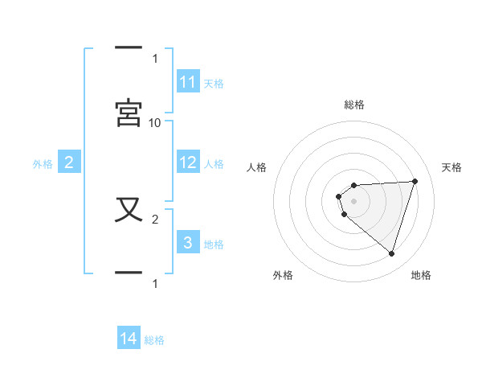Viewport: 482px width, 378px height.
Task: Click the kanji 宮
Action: coord(129,113)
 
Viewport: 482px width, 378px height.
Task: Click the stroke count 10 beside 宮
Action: coord(155,122)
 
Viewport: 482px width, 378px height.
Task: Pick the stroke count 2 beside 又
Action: coord(155,218)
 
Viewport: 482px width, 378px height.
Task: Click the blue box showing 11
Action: coord(188,82)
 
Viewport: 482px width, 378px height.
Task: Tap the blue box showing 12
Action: coord(188,162)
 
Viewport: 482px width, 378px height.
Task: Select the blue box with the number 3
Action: coord(188,242)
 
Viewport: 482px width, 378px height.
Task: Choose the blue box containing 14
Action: coord(129,339)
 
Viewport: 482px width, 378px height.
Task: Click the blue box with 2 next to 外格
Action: coord(69,163)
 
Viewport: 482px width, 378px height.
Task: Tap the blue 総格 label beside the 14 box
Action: coord(154,340)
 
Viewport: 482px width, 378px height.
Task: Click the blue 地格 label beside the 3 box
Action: coord(214,244)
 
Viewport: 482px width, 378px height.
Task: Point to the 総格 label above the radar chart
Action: coord(354,105)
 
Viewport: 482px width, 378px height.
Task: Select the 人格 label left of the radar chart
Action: coord(257,167)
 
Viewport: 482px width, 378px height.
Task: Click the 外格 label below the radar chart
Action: coord(283,275)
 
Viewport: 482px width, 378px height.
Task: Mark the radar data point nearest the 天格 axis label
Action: coord(415,181)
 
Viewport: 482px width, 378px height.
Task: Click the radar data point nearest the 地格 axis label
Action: coord(392,254)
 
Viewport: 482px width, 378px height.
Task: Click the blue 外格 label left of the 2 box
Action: coord(43,164)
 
